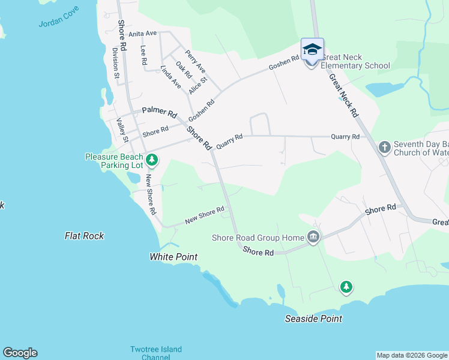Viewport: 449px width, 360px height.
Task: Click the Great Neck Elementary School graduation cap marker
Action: point(312,49)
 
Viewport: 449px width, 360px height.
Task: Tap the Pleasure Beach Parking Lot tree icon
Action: point(152,160)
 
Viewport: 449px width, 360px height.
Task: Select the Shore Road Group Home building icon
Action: point(313,238)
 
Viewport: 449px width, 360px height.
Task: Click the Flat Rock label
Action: point(84,236)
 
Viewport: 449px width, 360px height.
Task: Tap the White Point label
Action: point(173,257)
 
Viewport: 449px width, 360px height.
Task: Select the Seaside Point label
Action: point(313,319)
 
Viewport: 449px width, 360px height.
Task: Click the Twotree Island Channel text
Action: point(156,353)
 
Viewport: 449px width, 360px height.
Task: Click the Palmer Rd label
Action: point(159,112)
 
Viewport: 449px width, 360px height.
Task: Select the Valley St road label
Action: point(122,130)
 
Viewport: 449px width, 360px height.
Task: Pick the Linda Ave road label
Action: point(170,78)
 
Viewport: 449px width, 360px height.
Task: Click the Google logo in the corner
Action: point(20,353)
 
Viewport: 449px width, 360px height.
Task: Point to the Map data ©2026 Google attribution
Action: point(412,355)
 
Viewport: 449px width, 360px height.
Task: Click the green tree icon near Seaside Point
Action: point(346,287)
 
